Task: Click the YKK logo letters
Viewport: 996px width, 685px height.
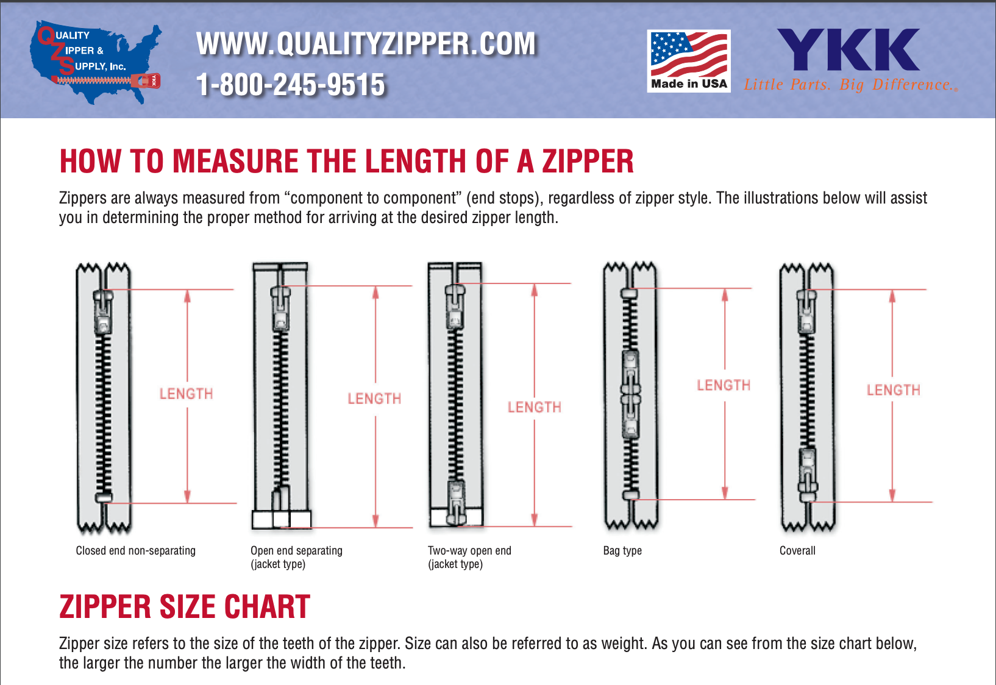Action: (848, 49)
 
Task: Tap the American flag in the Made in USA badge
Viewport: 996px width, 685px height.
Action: (689, 54)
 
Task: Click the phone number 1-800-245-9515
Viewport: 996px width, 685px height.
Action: (290, 85)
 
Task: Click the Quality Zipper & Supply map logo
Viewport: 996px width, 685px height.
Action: (96, 62)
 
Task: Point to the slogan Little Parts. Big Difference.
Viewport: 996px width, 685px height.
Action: (850, 85)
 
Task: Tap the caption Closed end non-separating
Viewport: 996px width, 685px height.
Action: (135, 550)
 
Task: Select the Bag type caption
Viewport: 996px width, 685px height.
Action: (622, 551)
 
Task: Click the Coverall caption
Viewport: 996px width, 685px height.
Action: (797, 550)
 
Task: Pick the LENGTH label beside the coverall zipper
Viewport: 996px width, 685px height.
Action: (893, 390)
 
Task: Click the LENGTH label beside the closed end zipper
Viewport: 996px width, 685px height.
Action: (187, 394)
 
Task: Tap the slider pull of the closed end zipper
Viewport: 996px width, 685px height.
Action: (103, 312)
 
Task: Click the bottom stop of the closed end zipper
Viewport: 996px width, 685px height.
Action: (104, 497)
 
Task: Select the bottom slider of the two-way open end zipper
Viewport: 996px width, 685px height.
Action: (456, 502)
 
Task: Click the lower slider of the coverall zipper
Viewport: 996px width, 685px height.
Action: (808, 475)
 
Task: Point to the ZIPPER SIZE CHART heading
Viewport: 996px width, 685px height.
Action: (185, 607)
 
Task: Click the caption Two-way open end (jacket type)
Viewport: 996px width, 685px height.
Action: (469, 557)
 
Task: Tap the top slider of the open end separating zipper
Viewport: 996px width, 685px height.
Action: (280, 308)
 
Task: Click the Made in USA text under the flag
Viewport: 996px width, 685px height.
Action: (689, 83)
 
